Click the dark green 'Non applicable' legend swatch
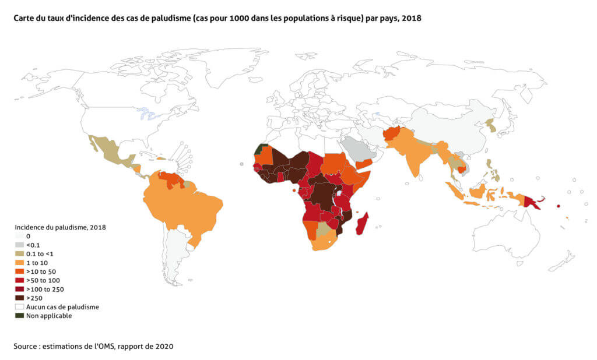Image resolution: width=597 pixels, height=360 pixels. click(x=20, y=316)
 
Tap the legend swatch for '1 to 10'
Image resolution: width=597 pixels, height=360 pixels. click(x=20, y=263)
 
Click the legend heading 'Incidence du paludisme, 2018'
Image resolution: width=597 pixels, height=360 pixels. click(x=60, y=227)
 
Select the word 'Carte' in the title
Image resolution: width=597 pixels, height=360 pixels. click(x=24, y=18)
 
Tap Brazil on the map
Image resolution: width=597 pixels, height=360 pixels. click(x=187, y=201)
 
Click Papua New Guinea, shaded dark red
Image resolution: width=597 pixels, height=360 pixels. click(x=532, y=202)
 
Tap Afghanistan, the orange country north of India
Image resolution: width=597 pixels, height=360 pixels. click(x=394, y=134)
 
